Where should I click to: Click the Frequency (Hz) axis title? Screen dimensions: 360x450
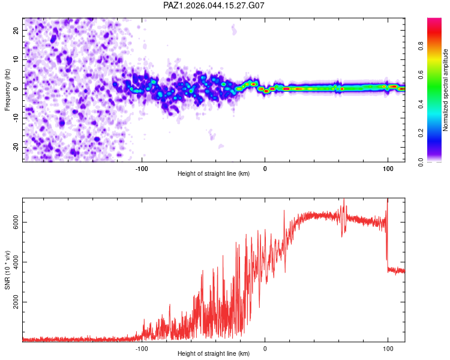tap(7, 89)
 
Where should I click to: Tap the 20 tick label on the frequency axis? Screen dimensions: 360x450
tap(16, 30)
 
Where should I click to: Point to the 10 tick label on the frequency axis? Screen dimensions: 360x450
tap(16, 59)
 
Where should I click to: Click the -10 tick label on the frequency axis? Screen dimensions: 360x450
tap(15, 118)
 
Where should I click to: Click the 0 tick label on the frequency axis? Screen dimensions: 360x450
tap(18, 89)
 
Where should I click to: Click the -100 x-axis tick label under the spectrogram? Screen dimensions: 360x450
tap(142, 169)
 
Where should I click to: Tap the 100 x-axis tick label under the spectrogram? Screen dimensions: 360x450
tap(388, 169)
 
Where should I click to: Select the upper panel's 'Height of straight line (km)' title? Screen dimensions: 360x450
tap(214, 174)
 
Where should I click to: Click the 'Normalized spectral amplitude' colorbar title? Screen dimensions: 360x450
tap(446, 90)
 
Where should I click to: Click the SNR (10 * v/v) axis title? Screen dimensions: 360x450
tap(7, 270)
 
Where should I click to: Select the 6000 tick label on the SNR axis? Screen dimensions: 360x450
tap(14, 222)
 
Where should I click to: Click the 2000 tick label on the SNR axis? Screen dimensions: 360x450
tap(14, 302)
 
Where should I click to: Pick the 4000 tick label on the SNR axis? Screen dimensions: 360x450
tap(14, 262)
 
